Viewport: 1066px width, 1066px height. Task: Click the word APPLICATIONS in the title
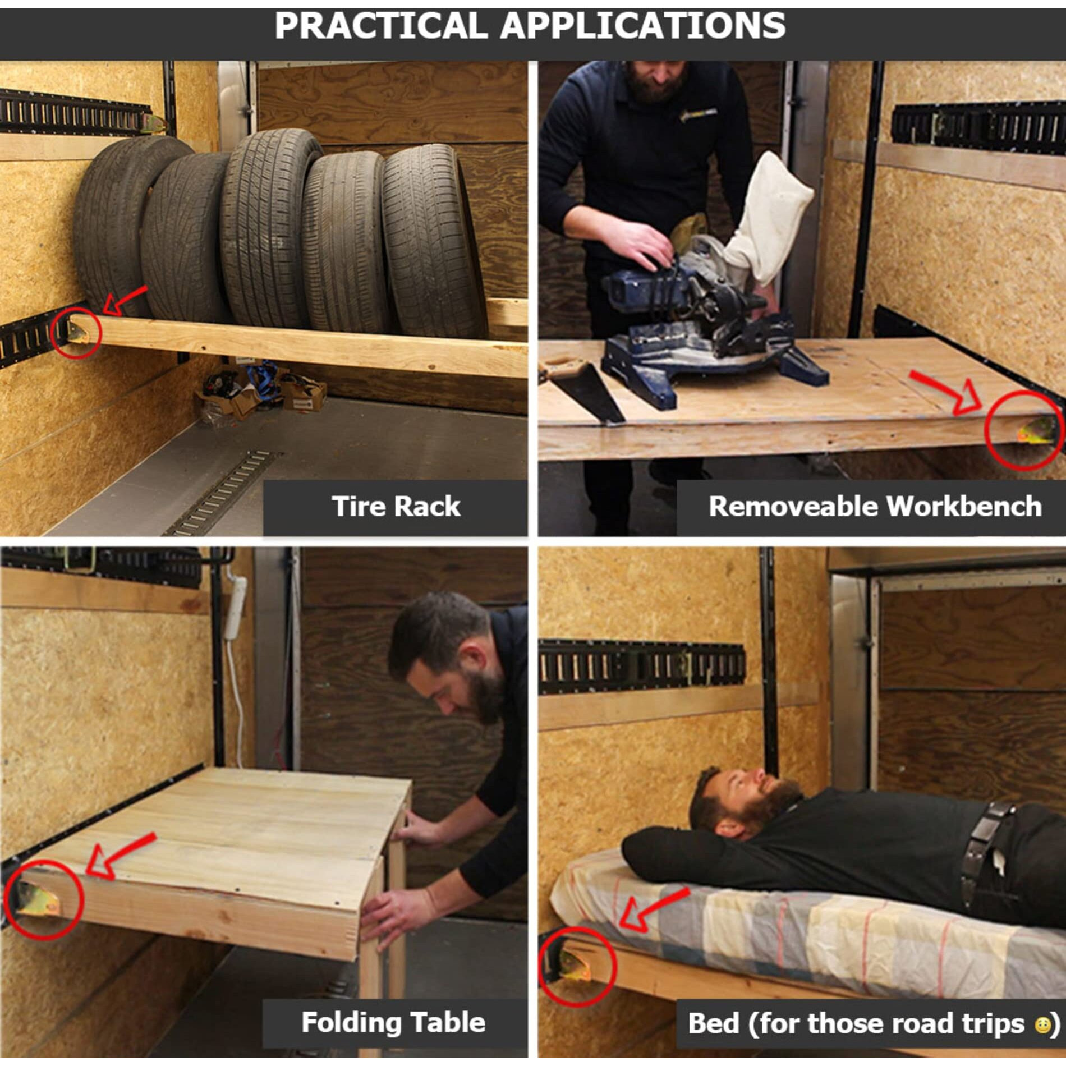click(642, 26)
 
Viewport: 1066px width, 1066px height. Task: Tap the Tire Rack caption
click(396, 506)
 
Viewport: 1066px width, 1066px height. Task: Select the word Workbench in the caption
click(964, 506)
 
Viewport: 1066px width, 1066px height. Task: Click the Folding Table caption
click(393, 1022)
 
